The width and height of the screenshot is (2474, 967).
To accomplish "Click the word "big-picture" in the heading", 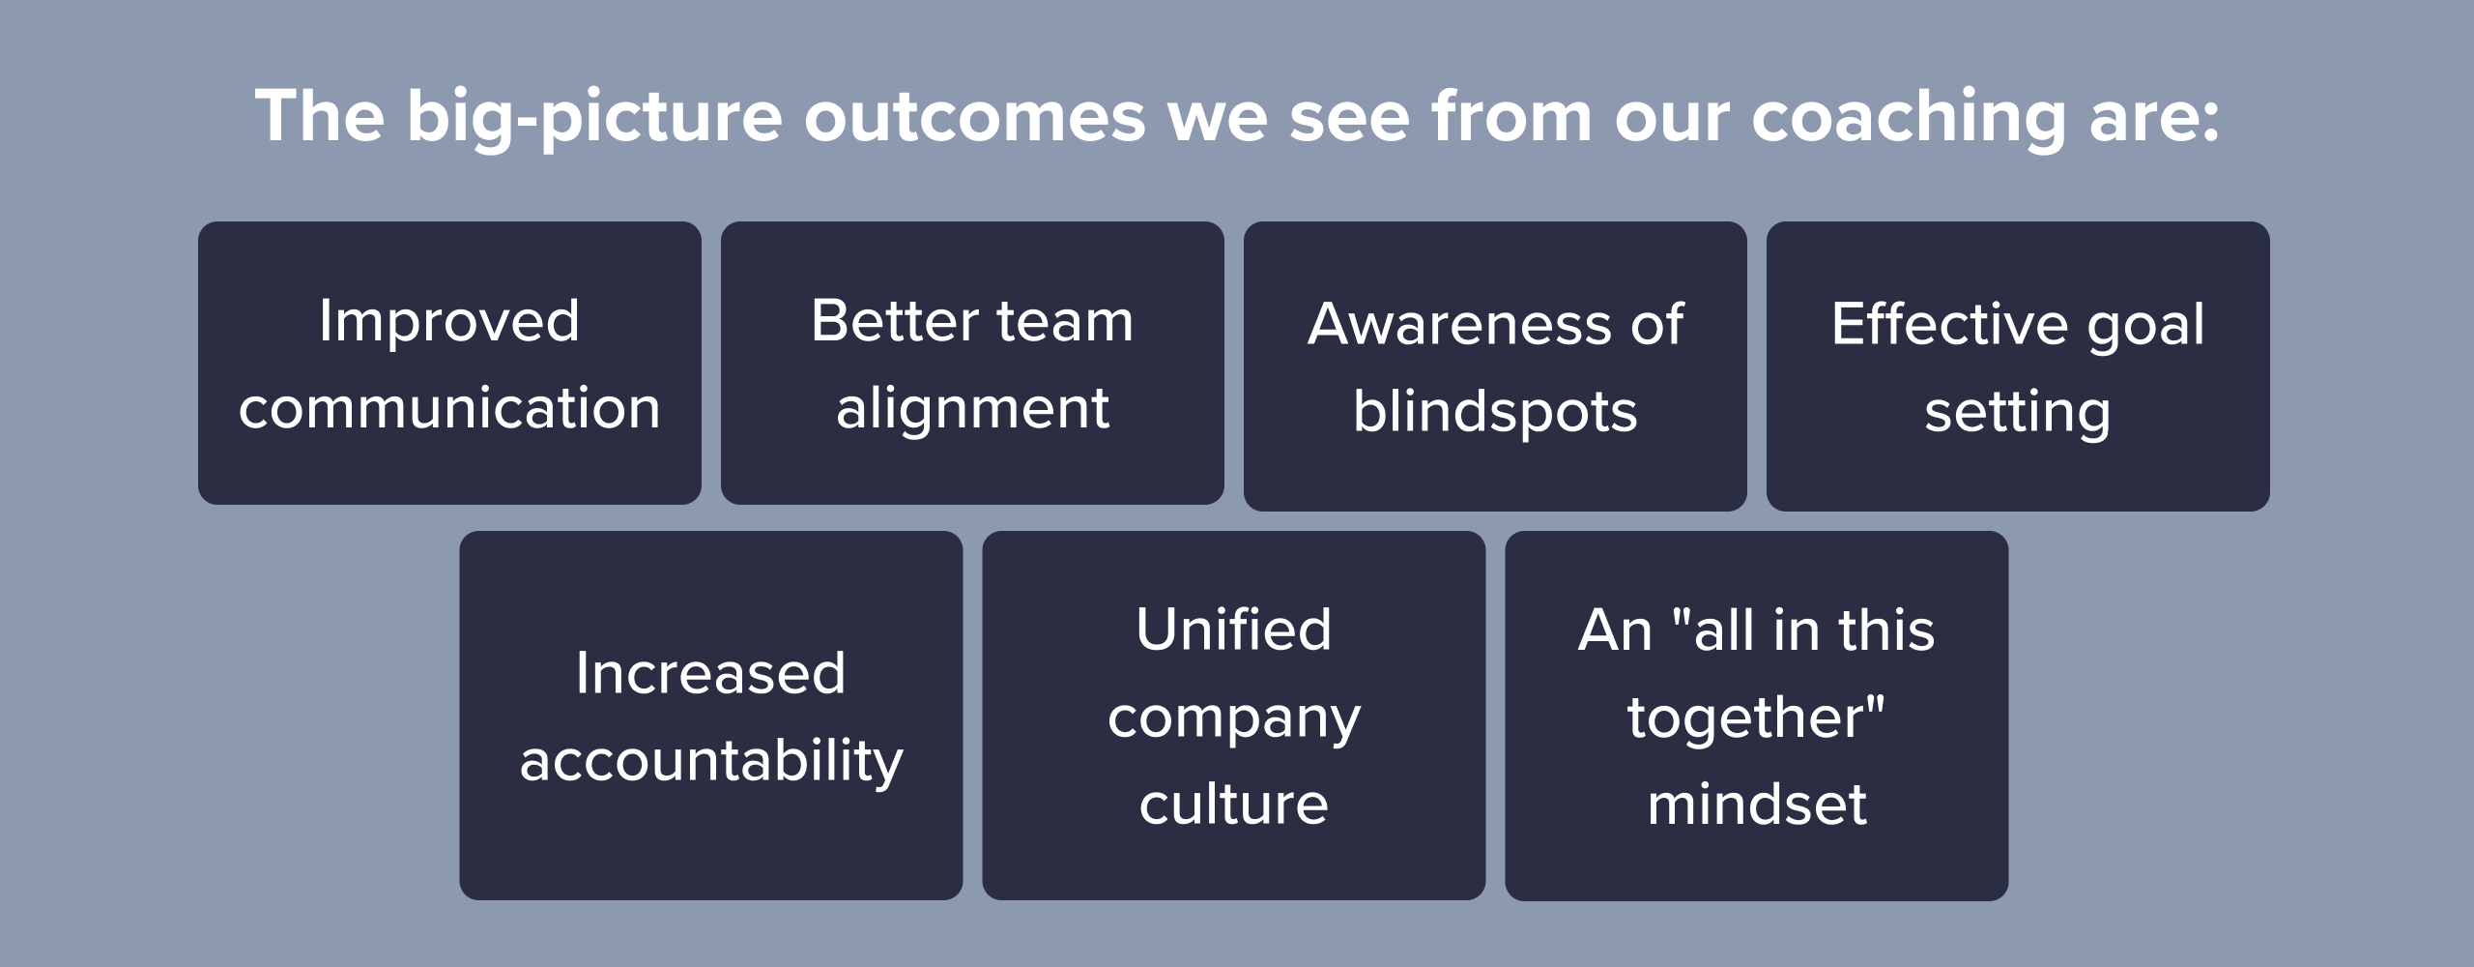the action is (593, 119).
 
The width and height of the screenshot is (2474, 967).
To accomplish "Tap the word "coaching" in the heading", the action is (1908, 119).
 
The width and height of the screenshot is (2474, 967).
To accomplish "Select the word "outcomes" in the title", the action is (974, 118).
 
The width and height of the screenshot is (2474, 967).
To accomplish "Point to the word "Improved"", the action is (449, 322).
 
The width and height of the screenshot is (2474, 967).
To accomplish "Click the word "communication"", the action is (449, 407).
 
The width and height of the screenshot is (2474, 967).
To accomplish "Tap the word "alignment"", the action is (972, 409).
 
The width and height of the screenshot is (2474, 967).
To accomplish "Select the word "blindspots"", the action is (1495, 412).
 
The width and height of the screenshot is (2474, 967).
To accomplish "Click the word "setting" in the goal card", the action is (2018, 414).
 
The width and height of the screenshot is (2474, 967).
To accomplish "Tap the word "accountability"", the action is (711, 760).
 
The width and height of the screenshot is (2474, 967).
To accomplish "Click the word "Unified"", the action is (1233, 630).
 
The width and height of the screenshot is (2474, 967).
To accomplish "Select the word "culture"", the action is (1234, 804).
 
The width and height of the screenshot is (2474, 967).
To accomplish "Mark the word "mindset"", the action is (1757, 804).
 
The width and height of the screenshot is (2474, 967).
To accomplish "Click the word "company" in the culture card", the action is (1234, 720).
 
